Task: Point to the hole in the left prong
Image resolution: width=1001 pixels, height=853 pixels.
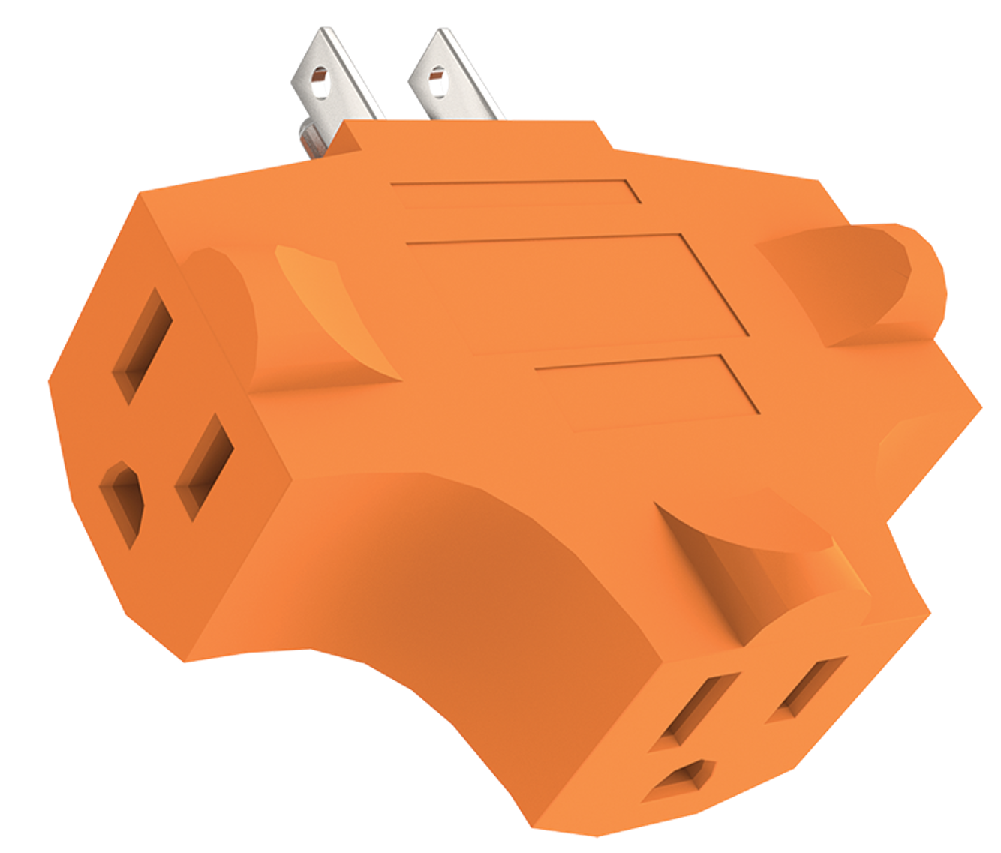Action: click(320, 76)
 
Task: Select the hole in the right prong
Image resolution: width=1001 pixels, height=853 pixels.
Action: click(435, 76)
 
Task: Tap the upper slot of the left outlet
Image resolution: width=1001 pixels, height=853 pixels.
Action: click(142, 346)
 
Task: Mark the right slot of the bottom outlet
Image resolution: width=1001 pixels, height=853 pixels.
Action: click(807, 689)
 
